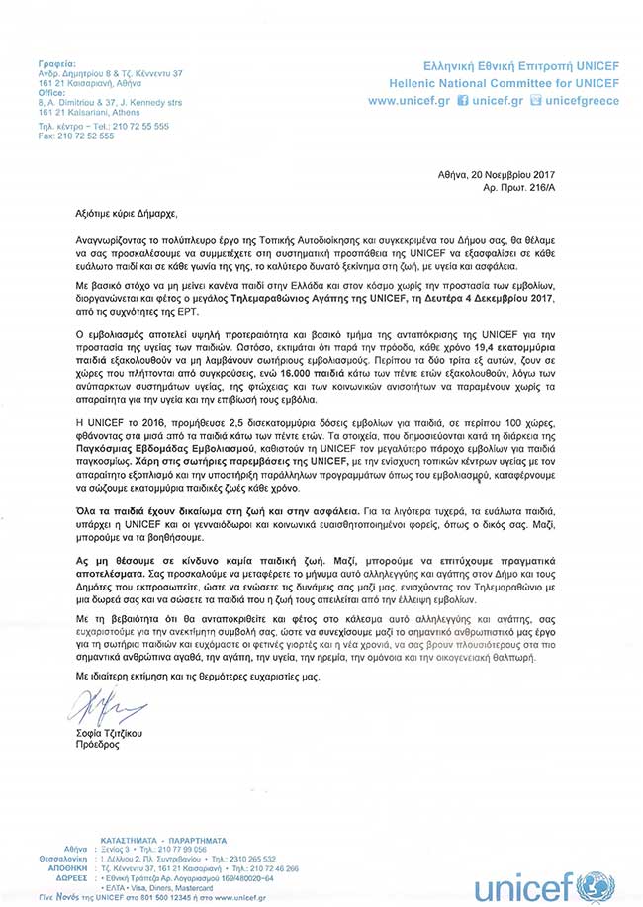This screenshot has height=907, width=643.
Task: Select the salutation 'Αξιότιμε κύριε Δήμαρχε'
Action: [x=129, y=212]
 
